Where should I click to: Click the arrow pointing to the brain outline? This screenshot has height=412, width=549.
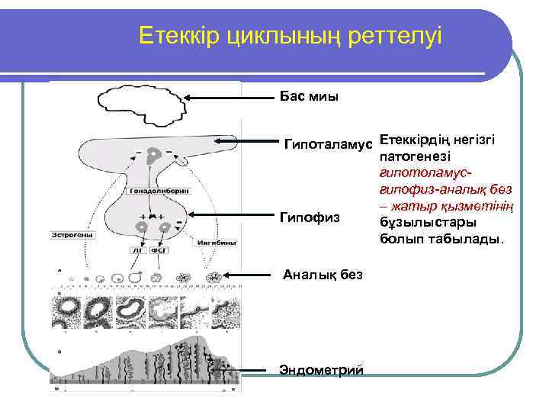(x=230, y=97)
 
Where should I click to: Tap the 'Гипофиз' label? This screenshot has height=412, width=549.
(x=309, y=218)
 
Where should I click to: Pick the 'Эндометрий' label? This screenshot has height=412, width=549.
(x=321, y=369)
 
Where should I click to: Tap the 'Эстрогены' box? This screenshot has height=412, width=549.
(x=74, y=235)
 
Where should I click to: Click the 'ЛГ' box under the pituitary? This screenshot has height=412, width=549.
(x=139, y=249)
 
